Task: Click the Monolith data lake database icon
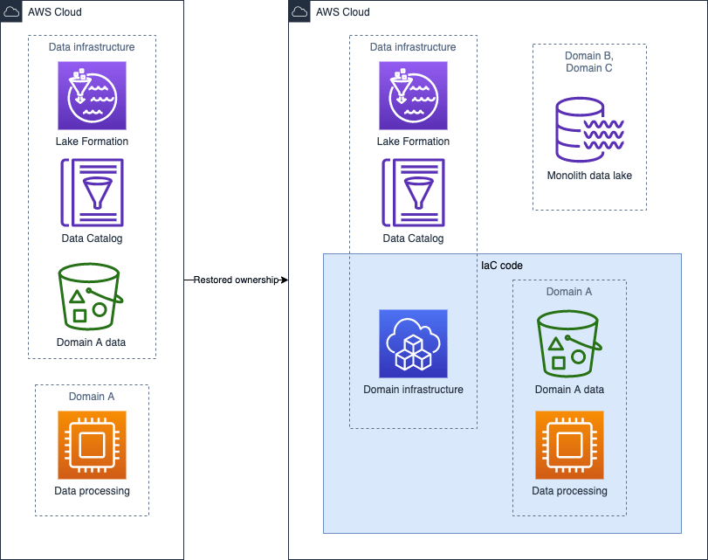(x=589, y=129)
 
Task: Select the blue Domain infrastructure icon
(x=413, y=343)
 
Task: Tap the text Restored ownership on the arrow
(x=236, y=280)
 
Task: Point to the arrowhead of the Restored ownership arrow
(x=285, y=280)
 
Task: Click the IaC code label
(x=502, y=266)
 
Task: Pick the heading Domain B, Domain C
(x=589, y=62)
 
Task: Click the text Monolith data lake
(x=589, y=176)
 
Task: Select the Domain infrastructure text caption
(x=413, y=389)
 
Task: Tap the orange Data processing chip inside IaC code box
(x=569, y=445)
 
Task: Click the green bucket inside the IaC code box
(x=569, y=343)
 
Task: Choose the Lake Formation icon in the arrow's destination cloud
(x=413, y=96)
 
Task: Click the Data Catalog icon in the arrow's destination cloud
(x=413, y=192)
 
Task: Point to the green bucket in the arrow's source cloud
(x=91, y=296)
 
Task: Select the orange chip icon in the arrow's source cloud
(x=93, y=445)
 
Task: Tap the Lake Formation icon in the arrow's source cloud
(x=93, y=96)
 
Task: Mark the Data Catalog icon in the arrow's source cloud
(x=93, y=192)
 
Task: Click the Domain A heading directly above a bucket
(x=569, y=292)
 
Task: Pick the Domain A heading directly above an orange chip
(x=92, y=397)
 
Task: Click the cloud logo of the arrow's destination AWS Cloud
(x=299, y=11)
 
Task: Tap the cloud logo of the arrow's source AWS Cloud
(x=11, y=11)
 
